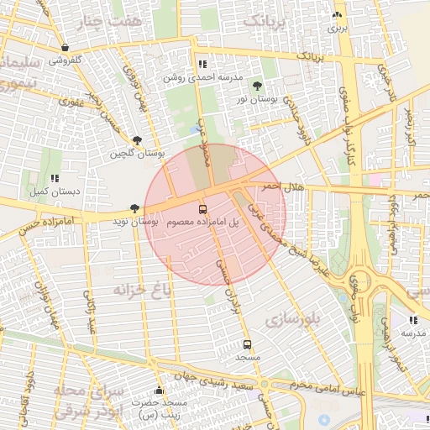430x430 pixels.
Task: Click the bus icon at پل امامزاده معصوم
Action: (x=202, y=208)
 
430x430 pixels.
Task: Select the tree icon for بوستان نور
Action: (x=256, y=86)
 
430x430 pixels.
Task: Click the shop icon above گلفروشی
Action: (x=66, y=48)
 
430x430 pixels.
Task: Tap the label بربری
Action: (x=337, y=28)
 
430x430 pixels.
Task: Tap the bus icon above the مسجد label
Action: (x=247, y=344)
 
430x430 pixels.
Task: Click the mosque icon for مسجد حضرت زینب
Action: (x=159, y=390)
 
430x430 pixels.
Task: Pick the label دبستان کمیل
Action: (x=55, y=191)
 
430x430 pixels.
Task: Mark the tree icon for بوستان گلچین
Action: (x=137, y=140)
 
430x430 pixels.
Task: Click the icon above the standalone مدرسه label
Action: (x=412, y=320)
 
